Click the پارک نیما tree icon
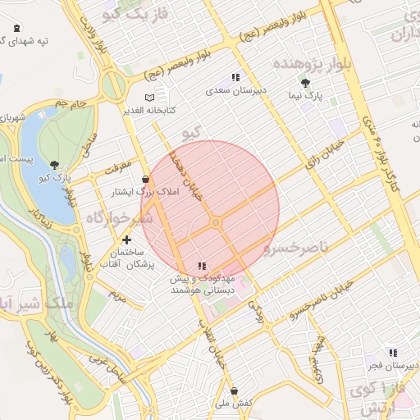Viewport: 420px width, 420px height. click(306, 84)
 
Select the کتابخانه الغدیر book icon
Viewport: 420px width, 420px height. click(149, 98)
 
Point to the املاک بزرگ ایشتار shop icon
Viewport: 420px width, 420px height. click(146, 179)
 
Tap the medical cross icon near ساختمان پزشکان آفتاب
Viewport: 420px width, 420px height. click(126, 240)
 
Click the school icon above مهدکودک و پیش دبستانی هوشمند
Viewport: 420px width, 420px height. click(202, 266)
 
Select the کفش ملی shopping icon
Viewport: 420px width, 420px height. click(235, 391)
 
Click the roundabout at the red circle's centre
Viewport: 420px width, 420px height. click(216, 222)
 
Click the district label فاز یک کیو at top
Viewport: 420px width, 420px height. click(131, 14)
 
